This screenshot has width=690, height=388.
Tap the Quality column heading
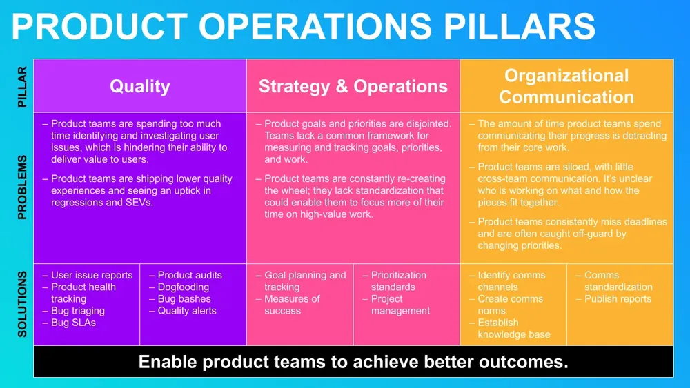(139, 86)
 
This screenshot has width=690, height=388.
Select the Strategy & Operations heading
(353, 86)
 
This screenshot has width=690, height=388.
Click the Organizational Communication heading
(566, 86)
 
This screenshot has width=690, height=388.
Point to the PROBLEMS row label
(21, 187)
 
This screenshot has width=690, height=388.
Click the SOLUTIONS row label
(21, 304)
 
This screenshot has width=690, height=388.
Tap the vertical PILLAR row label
(21, 86)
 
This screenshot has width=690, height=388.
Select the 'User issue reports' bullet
(92, 275)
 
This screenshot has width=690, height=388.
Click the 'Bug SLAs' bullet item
(73, 323)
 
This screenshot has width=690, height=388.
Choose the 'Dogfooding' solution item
(183, 287)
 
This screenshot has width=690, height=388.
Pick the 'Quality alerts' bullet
(187, 311)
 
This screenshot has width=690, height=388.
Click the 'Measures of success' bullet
(292, 305)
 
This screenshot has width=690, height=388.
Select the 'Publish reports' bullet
(618, 299)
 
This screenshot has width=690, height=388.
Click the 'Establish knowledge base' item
(514, 329)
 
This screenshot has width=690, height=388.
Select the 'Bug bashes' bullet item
(184, 299)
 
